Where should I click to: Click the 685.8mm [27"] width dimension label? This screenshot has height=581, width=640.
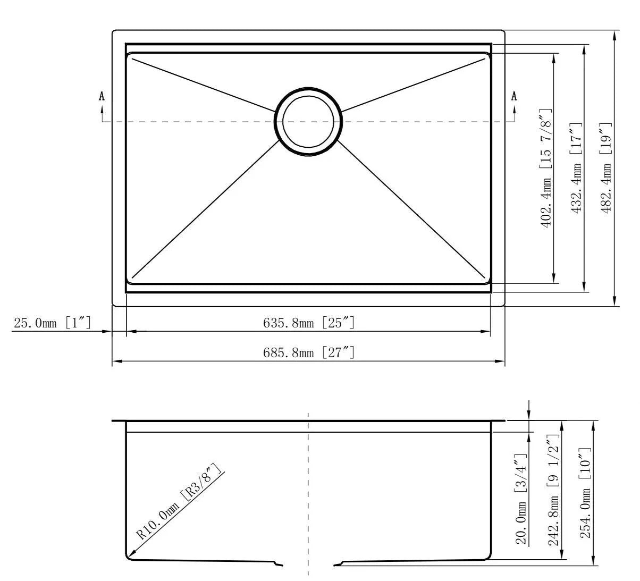tap(309, 352)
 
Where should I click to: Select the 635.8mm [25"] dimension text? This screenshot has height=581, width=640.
tap(309, 322)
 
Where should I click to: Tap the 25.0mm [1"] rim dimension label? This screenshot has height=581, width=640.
tap(52, 323)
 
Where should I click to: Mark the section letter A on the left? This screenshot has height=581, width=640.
tap(102, 96)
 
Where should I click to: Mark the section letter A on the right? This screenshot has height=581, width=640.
tap(513, 96)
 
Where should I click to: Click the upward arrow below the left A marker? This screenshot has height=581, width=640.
tap(102, 109)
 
